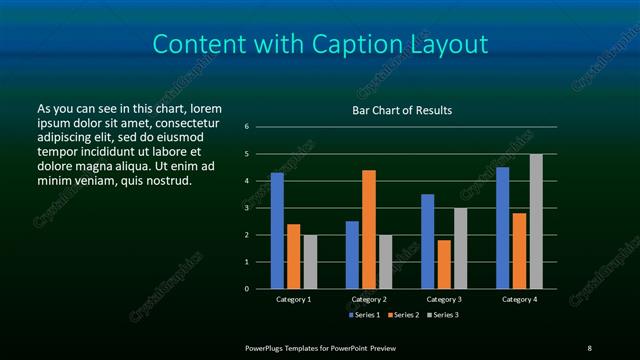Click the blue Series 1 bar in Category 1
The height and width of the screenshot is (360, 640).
[277, 231]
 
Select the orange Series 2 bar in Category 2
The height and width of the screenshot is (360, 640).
[369, 229]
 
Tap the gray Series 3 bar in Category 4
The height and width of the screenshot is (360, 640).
[536, 221]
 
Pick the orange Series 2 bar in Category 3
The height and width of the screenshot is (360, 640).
[444, 264]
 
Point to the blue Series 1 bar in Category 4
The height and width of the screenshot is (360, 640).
[502, 228]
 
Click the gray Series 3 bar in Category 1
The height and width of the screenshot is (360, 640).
[310, 262]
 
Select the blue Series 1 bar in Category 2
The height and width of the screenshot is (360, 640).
[352, 255]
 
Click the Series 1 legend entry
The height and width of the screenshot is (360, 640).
[364, 315]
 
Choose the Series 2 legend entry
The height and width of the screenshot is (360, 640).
[403, 315]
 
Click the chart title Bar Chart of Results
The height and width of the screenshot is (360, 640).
[402, 110]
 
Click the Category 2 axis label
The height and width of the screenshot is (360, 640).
[369, 299]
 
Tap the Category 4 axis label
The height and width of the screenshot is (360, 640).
[519, 299]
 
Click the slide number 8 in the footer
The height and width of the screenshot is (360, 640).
[589, 347]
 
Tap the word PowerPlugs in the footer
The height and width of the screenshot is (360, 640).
[269, 347]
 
